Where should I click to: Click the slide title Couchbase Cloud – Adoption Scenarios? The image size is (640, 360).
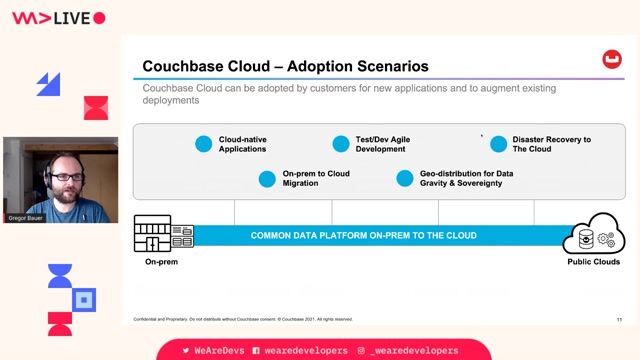pyautogui.click(x=285, y=67)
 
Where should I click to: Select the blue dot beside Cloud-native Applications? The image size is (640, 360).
pyautogui.click(x=204, y=144)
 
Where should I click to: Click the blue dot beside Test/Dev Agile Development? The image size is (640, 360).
pyautogui.click(x=341, y=144)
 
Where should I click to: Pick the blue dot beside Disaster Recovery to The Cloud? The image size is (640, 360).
pyautogui.click(x=498, y=144)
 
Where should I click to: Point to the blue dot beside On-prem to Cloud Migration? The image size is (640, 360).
pyautogui.click(x=267, y=179)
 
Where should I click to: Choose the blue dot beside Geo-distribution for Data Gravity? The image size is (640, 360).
pyautogui.click(x=404, y=179)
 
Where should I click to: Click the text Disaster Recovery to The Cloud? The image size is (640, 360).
pyautogui.click(x=551, y=144)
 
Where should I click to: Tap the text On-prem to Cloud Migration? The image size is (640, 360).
pyautogui.click(x=316, y=179)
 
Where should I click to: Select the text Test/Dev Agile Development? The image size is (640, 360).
pyautogui.click(x=383, y=144)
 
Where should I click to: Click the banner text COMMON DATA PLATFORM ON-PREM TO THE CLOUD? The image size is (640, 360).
pyautogui.click(x=363, y=236)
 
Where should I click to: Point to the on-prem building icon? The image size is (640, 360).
pyautogui.click(x=164, y=234)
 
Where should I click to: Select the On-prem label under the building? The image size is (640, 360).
pyautogui.click(x=161, y=262)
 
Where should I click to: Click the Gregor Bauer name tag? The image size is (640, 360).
pyautogui.click(x=24, y=218)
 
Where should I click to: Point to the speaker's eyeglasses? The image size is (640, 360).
pyautogui.click(x=63, y=176)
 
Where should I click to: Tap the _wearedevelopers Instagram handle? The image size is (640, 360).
pyautogui.click(x=412, y=351)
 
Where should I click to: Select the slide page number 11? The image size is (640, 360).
pyautogui.click(x=619, y=319)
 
